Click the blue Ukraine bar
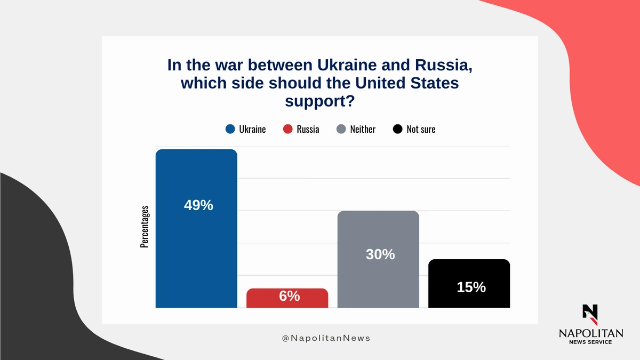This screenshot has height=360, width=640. tap(196, 228)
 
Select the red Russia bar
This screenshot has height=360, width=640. tap(287, 298)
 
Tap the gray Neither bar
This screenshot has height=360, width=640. tap(378, 259)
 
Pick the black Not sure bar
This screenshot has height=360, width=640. tap(469, 283)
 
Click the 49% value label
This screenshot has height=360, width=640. tap(198, 205)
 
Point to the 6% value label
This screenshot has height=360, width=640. tap(290, 296)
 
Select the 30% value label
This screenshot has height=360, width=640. tap(380, 254)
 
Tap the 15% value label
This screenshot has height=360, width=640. tap(471, 287)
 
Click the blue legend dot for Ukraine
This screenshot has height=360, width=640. tap(230, 129)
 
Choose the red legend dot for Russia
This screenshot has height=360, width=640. tap(287, 129)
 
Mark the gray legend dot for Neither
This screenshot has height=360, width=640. tap(341, 129)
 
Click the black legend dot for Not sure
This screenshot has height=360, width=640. tap(397, 129)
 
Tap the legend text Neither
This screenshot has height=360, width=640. tap(363, 129)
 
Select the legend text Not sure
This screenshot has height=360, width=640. tap(421, 129)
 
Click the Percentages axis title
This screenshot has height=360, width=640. tap(145, 227)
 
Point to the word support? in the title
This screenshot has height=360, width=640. tap(319, 101)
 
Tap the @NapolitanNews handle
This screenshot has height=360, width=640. tap(326, 338)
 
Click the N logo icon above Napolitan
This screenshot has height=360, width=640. tap(590, 315)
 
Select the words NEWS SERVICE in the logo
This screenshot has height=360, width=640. tap(590, 342)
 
